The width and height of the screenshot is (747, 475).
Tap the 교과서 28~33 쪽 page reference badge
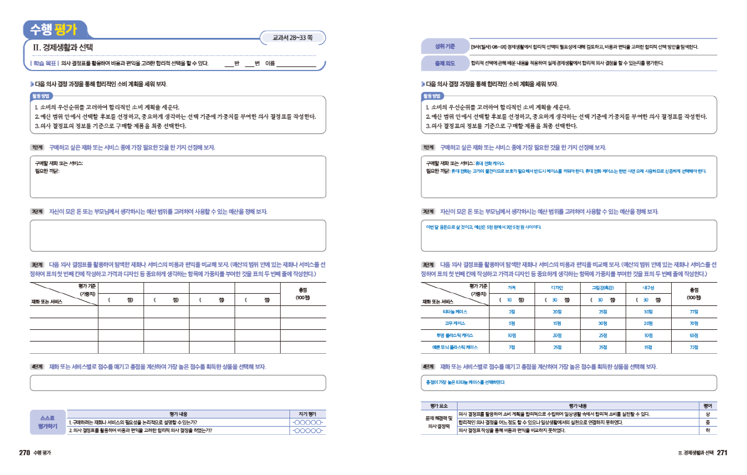tap(292, 38)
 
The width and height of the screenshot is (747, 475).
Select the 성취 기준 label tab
tap(441, 47)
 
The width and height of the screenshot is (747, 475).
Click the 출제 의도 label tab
tap(441, 63)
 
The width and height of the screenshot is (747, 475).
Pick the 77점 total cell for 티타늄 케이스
tap(694, 312)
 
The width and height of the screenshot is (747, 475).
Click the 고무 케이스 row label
tap(455, 323)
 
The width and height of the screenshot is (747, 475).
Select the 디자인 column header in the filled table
tap(557, 287)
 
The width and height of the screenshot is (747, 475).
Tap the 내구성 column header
tap(648, 287)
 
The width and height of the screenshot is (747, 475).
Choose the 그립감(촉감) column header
tap(602, 287)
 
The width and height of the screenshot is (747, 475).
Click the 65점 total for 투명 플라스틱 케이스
tap(694, 335)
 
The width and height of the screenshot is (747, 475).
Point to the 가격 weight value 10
tap(510, 300)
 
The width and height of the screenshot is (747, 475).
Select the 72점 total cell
tap(694, 347)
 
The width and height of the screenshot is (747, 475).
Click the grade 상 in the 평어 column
tap(708, 414)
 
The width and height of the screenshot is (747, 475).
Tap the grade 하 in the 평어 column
tap(708, 431)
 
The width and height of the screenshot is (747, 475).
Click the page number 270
tap(25, 453)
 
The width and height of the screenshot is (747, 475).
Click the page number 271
tap(722, 453)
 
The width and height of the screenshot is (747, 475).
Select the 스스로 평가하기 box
tap(48, 422)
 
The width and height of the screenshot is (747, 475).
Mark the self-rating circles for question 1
tap(308, 423)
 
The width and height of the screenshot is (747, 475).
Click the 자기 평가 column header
tap(308, 413)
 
